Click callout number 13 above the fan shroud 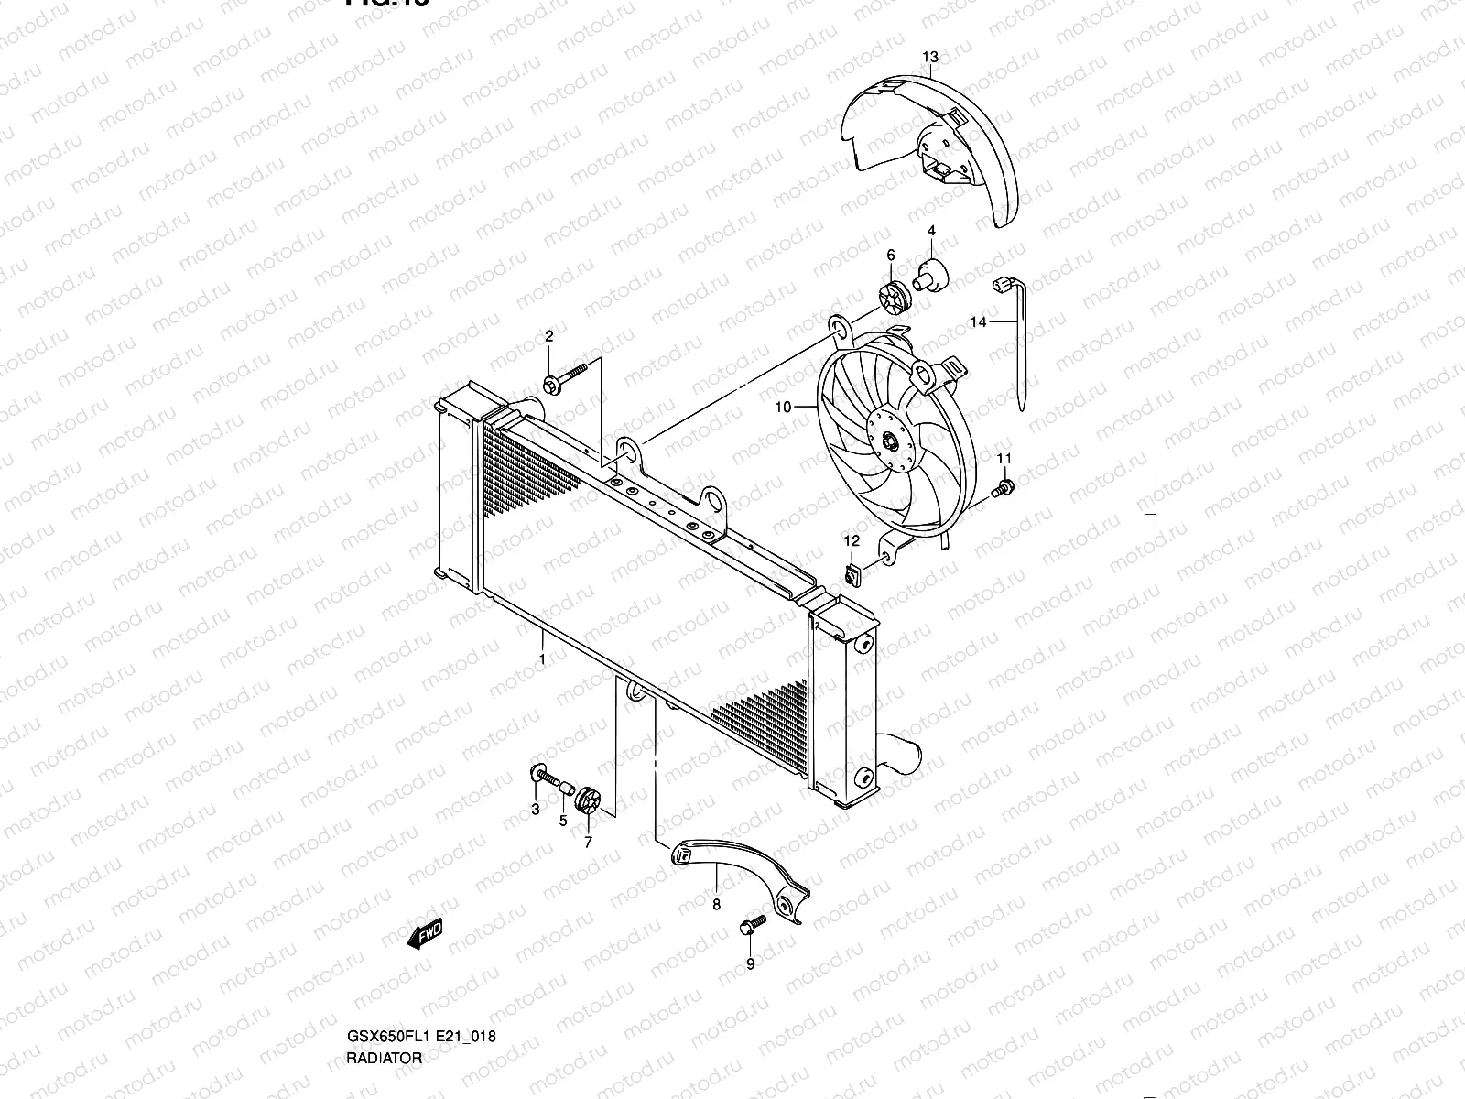click(929, 57)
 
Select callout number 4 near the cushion click(931, 231)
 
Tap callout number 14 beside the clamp click(979, 321)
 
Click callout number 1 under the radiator click(542, 658)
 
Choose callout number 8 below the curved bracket click(716, 904)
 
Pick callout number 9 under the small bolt click(750, 963)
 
